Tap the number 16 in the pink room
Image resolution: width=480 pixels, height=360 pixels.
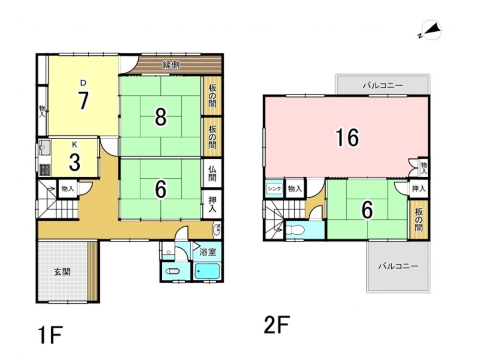pos(347,137)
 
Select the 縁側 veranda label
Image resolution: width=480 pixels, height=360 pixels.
pos(171,65)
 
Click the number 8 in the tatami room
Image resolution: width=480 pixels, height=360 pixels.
pos(161,117)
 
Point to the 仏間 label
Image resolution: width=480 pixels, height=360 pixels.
pos(212,173)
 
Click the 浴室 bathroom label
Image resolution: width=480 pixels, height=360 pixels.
pos(208,252)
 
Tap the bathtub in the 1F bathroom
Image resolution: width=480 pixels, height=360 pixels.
pos(207,271)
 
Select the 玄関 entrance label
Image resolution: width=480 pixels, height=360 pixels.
pos(62,272)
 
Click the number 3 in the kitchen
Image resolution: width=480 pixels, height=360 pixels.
pos(75,162)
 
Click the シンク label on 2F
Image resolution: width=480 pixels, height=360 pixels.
pos(274,189)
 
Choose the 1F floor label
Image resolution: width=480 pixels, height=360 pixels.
pos(50,335)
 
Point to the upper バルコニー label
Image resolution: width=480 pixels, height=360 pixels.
pos(383,85)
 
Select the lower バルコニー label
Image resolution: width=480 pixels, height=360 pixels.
pos(398,266)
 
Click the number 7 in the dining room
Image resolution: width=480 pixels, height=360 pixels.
pos(83,100)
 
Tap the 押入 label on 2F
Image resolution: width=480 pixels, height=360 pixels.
pos(419,189)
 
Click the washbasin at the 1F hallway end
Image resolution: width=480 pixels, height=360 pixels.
pos(217,229)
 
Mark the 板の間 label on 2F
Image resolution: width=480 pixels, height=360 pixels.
pos(419,219)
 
